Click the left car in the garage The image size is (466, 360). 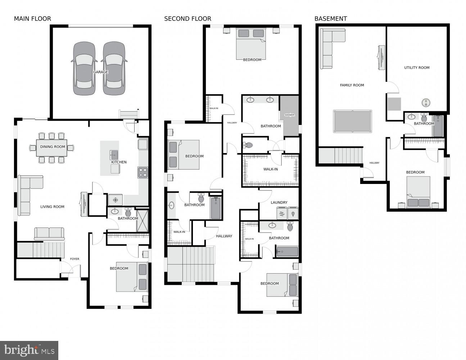click(84, 68)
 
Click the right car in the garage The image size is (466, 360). click(114, 68)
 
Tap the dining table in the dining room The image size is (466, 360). click(52, 148)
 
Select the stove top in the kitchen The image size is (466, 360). click(143, 172)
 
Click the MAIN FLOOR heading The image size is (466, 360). click(32, 19)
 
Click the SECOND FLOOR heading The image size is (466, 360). click(187, 19)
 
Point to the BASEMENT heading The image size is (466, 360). click(330, 19)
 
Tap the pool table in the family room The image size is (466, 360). click(352, 121)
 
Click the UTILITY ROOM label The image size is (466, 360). click(416, 68)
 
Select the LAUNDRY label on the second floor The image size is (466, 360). click(279, 203)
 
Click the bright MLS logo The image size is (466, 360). click(29, 350)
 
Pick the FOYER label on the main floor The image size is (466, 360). click(74, 259)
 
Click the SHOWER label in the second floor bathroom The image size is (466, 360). click(290, 115)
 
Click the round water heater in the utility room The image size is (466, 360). click(426, 103)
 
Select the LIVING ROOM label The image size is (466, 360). click(52, 207)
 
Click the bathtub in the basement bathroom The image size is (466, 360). click(438, 126)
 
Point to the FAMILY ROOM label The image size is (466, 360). click(352, 85)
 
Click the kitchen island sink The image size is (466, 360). click(114, 155)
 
